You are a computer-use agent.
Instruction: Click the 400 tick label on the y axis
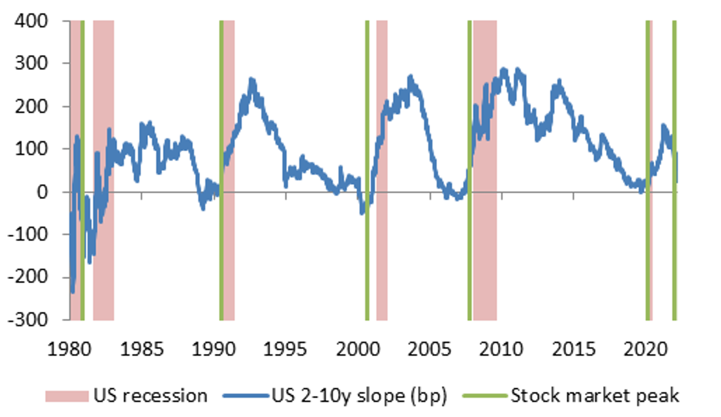pyautogui.click(x=31, y=21)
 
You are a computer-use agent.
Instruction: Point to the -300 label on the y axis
pyautogui.click(x=28, y=320)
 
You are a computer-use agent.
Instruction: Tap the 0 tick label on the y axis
pyautogui.click(x=43, y=192)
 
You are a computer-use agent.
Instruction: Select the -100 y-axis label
pyautogui.click(x=28, y=234)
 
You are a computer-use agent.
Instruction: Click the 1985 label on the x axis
pyautogui.click(x=142, y=349)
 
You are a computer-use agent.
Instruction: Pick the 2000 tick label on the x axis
pyautogui.click(x=357, y=349)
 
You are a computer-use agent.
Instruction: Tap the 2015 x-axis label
pyautogui.click(x=574, y=349)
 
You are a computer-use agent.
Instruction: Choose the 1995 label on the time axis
pyautogui.click(x=285, y=349)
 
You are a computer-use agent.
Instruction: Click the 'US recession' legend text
pyautogui.click(x=150, y=395)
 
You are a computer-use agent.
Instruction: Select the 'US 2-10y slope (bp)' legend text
pyautogui.click(x=359, y=395)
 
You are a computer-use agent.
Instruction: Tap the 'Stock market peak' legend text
pyautogui.click(x=595, y=395)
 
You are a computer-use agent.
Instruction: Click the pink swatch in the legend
pyautogui.click(x=67, y=396)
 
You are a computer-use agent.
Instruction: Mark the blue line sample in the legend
pyautogui.click(x=246, y=396)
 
